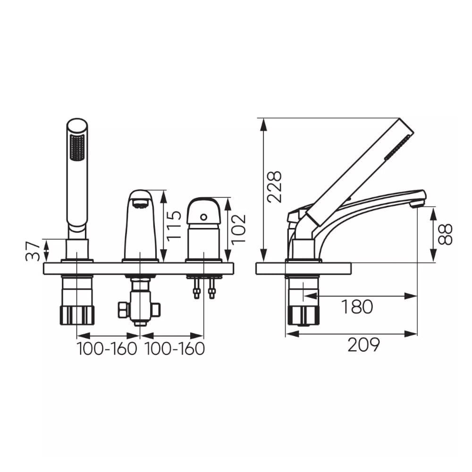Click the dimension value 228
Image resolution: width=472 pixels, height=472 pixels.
pos(275,186)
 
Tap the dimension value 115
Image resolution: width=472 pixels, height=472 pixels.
pos(174,226)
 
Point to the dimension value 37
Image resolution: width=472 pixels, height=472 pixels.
pos(33,251)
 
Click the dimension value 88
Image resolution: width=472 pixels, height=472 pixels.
pos(445,235)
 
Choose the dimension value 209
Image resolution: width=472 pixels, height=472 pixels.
pos(363,345)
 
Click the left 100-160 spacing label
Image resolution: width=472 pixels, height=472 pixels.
pos(107,349)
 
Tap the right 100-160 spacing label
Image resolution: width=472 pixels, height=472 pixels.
pos(175,349)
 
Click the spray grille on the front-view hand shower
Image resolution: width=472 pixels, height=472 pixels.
pos(77,147)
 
